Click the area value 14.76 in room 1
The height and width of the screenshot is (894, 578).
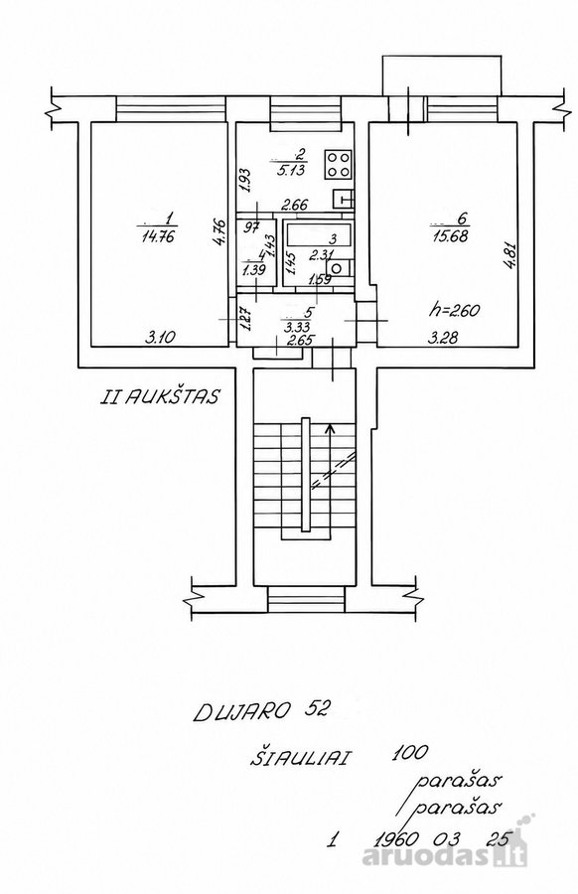[x=158, y=235]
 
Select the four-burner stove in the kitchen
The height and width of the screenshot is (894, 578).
[x=339, y=164]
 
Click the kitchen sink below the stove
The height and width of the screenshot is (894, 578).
[x=343, y=199]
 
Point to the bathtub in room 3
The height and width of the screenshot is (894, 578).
[x=319, y=234]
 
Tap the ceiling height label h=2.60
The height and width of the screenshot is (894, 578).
[x=454, y=311]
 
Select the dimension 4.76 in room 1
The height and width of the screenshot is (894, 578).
[x=222, y=233]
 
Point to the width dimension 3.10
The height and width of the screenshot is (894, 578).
[x=160, y=338]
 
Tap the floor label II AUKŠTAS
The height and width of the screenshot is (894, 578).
[x=159, y=396]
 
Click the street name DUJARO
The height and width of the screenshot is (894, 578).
[x=242, y=711]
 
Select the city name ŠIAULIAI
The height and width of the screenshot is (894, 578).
[x=302, y=758]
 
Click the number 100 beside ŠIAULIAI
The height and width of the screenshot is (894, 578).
[x=410, y=753]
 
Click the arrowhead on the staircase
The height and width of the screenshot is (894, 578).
[x=329, y=428]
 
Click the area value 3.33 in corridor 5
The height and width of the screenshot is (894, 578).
[x=295, y=327]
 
